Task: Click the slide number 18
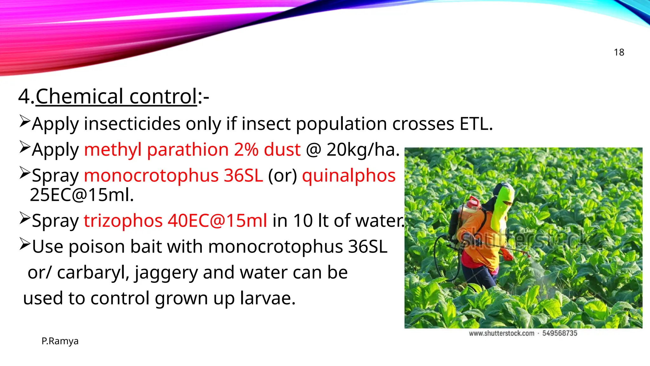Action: [x=619, y=52]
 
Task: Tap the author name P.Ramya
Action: [x=60, y=341]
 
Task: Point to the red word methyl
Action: [x=113, y=150]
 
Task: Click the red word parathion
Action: [x=188, y=150]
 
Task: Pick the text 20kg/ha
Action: [x=363, y=150]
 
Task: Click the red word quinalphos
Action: [x=349, y=175]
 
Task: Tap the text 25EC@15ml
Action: [x=82, y=195]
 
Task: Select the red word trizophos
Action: [x=123, y=220]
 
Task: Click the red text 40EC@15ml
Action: [x=217, y=220]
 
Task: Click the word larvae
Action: [x=268, y=298]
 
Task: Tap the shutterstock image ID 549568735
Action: [x=560, y=333]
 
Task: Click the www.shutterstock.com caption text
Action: [x=501, y=333]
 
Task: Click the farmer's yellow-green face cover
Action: [x=503, y=207]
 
